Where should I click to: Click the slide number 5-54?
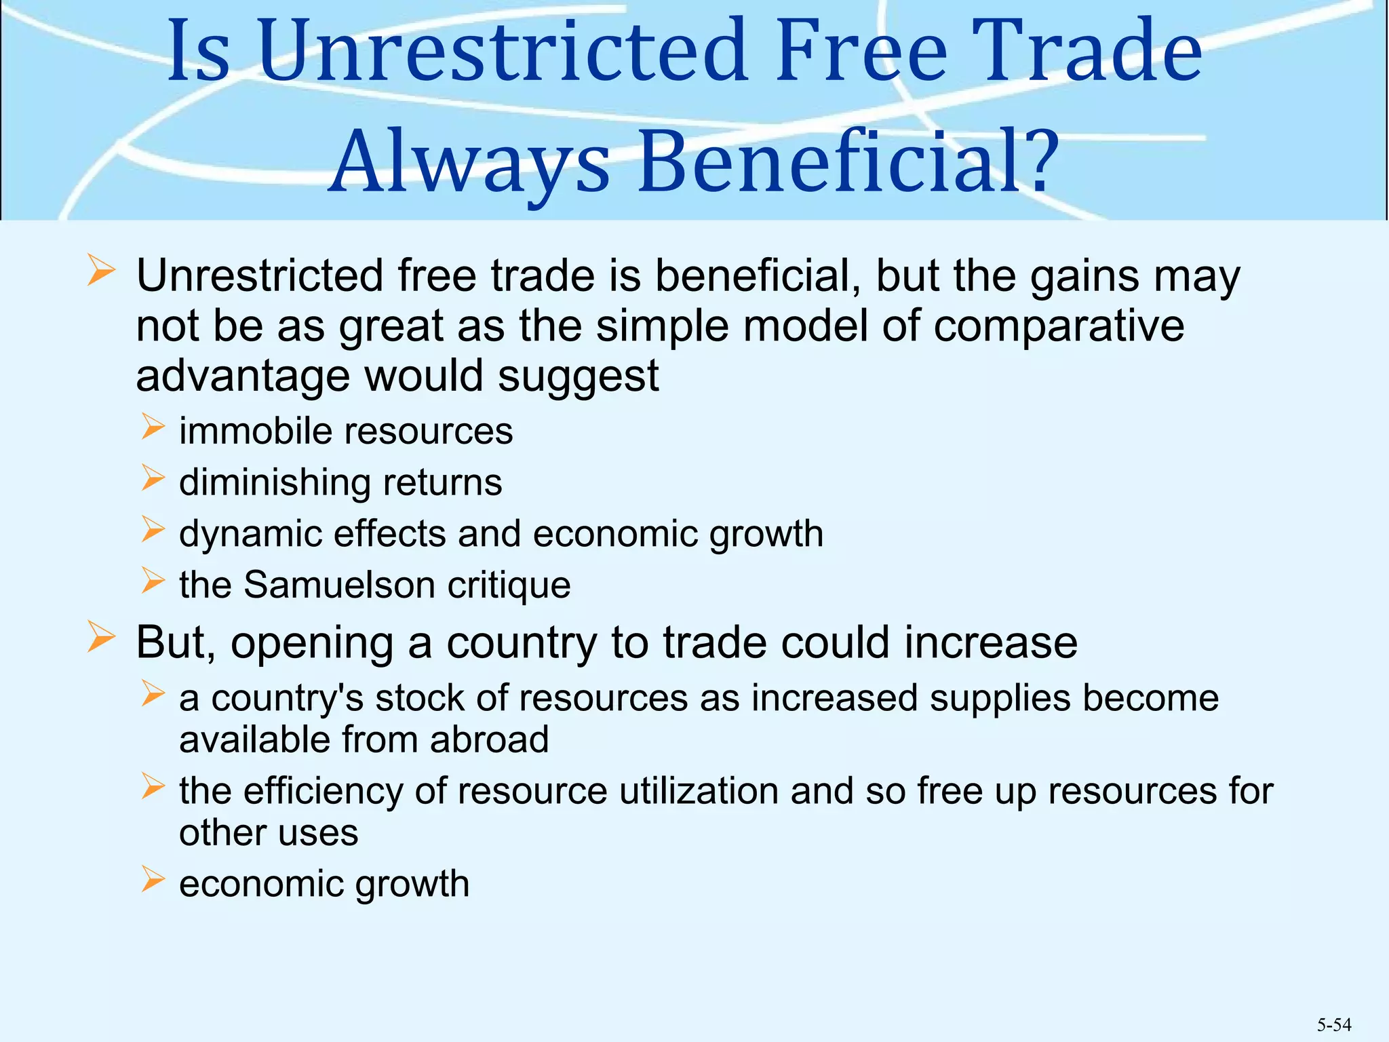[x=1334, y=1024]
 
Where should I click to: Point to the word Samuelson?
[x=339, y=585]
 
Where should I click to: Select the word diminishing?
[x=275, y=483]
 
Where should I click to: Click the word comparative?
[x=1058, y=326]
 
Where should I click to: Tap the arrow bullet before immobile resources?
[x=153, y=427]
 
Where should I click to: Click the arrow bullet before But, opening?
[x=101, y=638]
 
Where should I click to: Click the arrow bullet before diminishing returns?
[x=153, y=478]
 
